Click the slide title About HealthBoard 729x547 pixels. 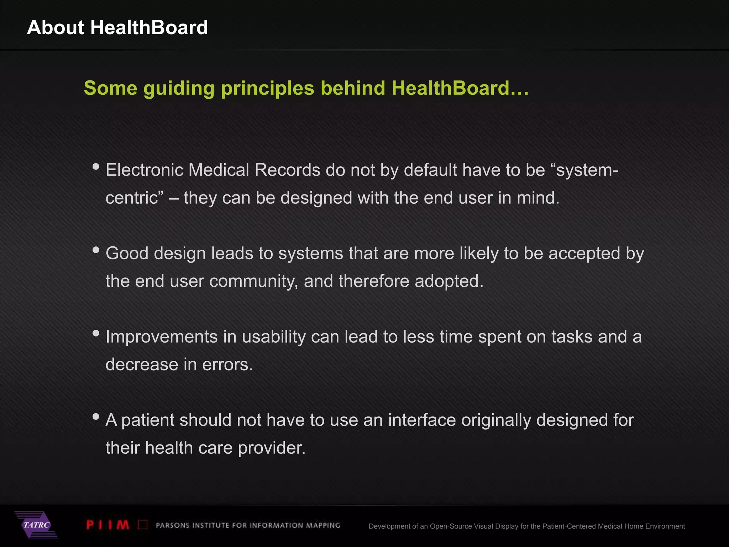pos(117,27)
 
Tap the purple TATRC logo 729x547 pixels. pos(36,525)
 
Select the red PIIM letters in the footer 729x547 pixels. pos(107,525)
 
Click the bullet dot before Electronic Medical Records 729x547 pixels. pos(96,166)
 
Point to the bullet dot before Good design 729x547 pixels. pos(96,250)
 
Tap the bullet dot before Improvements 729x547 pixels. pos(96,333)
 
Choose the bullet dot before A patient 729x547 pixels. pos(96,416)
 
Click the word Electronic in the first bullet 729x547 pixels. pos(144,170)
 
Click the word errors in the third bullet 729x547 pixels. pos(227,365)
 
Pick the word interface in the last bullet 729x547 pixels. pos(422,420)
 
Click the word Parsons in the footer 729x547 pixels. pos(173,526)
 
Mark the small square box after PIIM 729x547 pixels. pos(143,525)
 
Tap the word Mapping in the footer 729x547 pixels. pos(323,526)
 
